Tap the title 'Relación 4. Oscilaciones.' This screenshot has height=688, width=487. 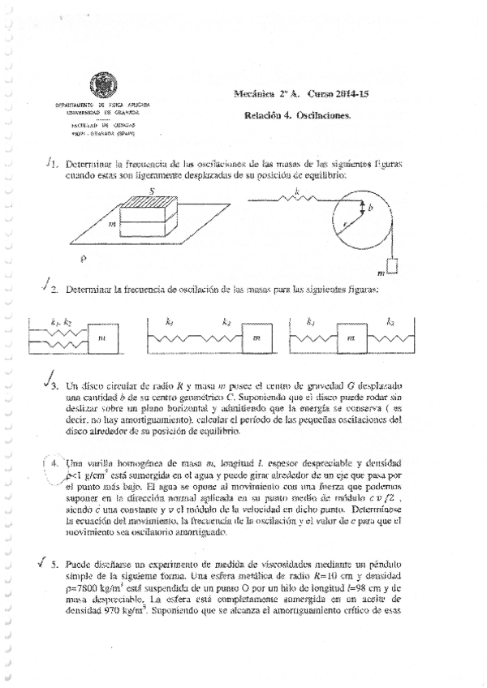[x=297, y=115]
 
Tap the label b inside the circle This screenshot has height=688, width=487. [x=370, y=209]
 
